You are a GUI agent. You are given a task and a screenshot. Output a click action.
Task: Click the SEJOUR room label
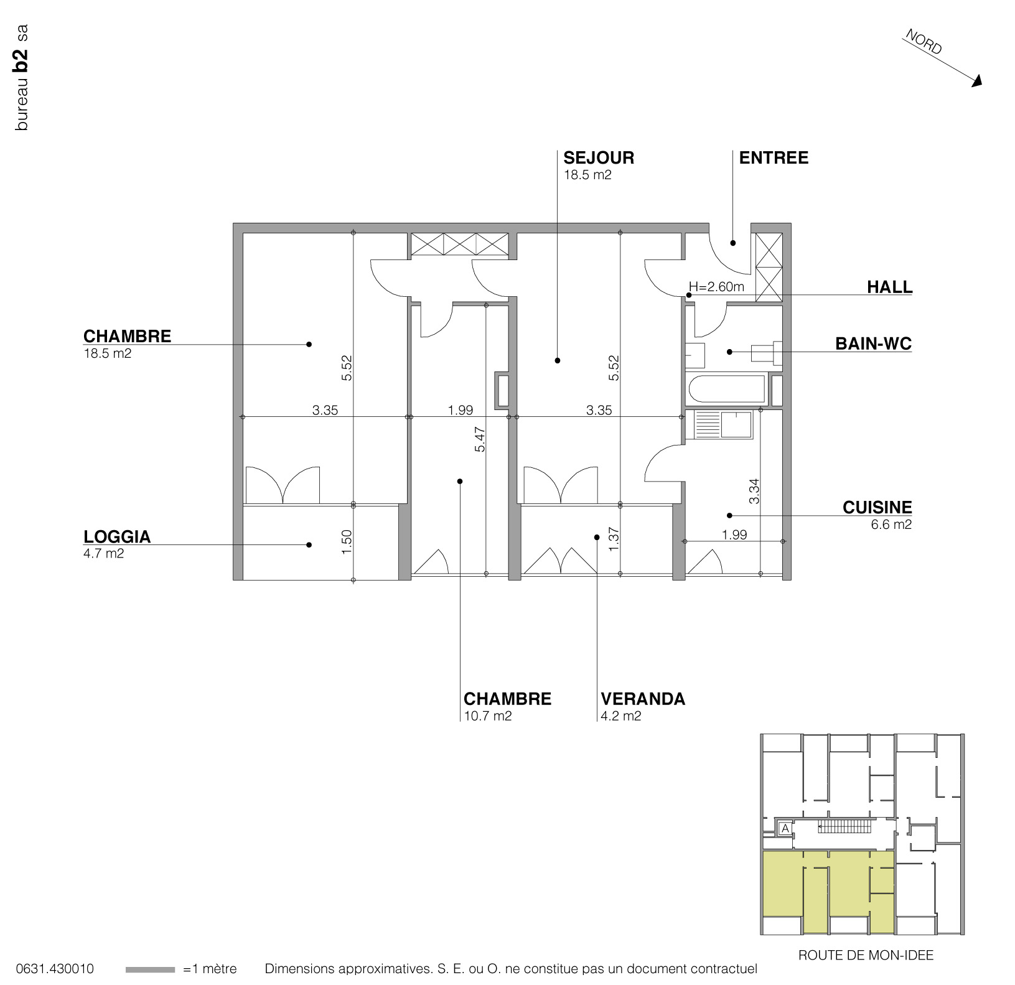[599, 158]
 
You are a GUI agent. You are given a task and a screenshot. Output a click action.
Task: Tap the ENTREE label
[774, 158]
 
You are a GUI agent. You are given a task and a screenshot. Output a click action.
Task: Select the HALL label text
[889, 287]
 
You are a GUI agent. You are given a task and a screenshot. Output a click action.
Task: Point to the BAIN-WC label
[873, 344]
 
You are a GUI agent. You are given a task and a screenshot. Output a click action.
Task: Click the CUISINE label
[877, 508]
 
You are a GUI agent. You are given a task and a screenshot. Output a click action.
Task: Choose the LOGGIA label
[117, 537]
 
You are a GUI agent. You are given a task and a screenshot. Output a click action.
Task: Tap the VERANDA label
[643, 699]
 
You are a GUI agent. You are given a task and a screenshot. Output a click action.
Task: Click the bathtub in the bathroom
[726, 391]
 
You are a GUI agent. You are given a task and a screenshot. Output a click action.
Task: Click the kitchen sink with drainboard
[723, 424]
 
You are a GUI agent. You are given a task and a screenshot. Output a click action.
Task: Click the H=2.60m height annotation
[716, 287]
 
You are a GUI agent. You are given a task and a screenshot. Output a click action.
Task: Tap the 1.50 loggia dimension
[348, 541]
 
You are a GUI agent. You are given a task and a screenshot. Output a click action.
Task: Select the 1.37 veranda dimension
[614, 539]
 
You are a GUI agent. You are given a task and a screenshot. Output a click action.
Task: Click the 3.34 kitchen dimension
[754, 490]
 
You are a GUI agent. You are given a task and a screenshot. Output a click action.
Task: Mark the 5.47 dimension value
[480, 439]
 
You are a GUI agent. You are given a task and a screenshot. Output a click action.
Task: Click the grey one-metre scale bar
[150, 969]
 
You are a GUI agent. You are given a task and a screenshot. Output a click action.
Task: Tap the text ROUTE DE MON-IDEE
[866, 955]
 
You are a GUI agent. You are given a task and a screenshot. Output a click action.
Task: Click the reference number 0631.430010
[55, 969]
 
